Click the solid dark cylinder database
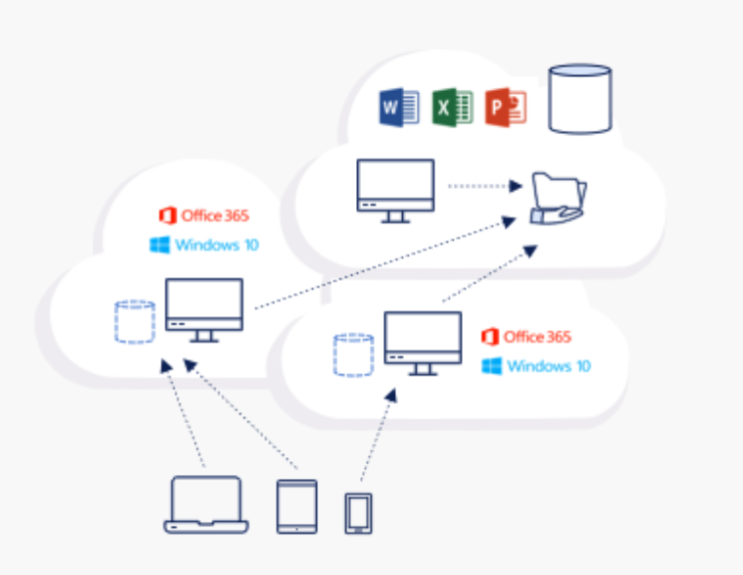tap(580, 98)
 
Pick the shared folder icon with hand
tap(558, 198)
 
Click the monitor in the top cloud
tap(396, 190)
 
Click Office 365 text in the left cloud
tap(214, 216)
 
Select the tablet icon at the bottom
tap(297, 506)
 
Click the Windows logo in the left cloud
tap(160, 245)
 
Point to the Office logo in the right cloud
tap(490, 337)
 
